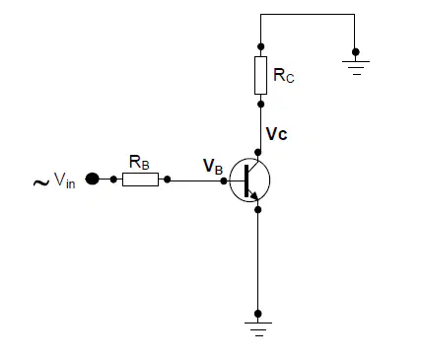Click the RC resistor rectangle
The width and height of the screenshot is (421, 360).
pos(260,75)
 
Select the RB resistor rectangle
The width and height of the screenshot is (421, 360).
pos(140,180)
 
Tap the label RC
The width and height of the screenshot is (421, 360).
pos(284,75)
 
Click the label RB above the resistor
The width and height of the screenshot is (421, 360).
pos(139,162)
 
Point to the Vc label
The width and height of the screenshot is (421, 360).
pos(277,134)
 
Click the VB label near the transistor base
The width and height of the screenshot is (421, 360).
pos(213,166)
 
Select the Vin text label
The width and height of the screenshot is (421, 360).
pos(65,180)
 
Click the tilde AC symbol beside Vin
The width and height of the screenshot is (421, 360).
pos(41,182)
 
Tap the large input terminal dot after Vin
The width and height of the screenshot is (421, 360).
pos(93,180)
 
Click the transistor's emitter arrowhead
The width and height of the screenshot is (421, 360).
pos(254,195)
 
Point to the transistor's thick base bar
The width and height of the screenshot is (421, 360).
pos(246,181)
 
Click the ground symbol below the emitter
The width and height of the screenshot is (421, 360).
pos(258,329)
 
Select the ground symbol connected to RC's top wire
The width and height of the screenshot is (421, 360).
pos(356,68)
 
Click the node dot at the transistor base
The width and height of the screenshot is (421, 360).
pos(224,180)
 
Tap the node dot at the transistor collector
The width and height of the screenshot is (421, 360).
pos(258,152)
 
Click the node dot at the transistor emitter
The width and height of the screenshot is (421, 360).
pos(258,209)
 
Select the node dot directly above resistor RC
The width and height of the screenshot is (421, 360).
pos(261,46)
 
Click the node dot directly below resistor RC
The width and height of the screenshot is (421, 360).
pos(261,105)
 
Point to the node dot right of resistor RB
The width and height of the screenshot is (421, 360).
pos(168,180)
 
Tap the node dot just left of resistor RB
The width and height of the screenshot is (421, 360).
pos(113,180)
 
